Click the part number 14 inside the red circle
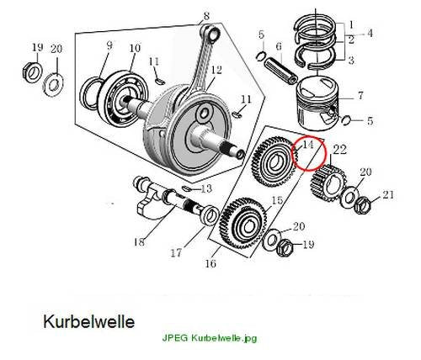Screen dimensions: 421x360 click(307, 145)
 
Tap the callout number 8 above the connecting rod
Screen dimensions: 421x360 click(206, 16)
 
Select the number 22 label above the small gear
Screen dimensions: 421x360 click(339, 150)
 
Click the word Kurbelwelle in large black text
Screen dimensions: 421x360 click(89, 321)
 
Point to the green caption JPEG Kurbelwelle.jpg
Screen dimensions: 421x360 click(210, 338)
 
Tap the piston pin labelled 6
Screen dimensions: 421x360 click(281, 71)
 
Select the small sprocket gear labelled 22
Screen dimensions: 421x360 click(328, 183)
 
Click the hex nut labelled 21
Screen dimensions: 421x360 click(362, 205)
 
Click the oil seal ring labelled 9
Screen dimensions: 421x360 click(90, 93)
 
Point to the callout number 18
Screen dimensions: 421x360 click(140, 241)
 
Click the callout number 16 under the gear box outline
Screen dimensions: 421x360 click(210, 263)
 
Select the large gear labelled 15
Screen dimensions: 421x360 click(243, 224)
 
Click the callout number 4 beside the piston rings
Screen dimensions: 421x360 click(370, 33)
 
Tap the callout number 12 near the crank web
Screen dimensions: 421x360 click(216, 70)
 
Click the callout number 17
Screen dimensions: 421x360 click(176, 253)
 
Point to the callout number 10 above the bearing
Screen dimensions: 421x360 click(135, 48)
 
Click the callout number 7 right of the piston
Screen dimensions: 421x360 click(360, 96)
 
